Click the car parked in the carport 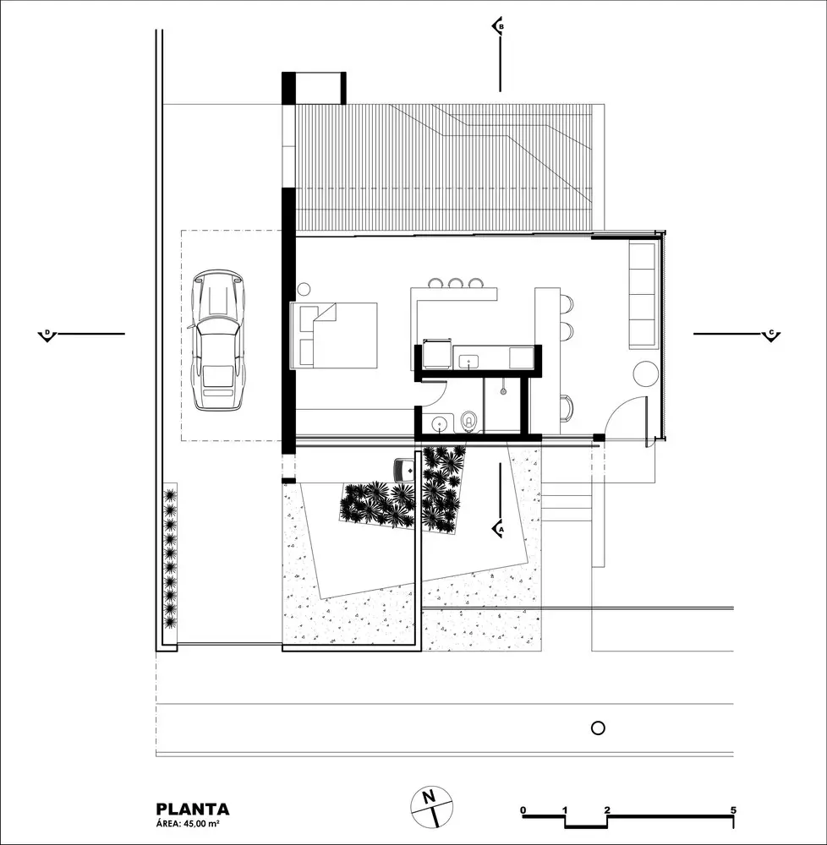coord(218,340)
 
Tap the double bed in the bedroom coord(335,335)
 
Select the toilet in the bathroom coord(469,420)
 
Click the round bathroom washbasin coord(441,422)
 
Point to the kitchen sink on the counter coord(469,362)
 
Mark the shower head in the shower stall coord(503,390)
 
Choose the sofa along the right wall coord(644,294)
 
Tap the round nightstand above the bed coord(303,289)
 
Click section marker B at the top coord(499,27)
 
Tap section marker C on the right coord(770,335)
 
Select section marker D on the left coord(47,335)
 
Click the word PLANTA coord(192,810)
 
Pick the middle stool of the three coord(456,283)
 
